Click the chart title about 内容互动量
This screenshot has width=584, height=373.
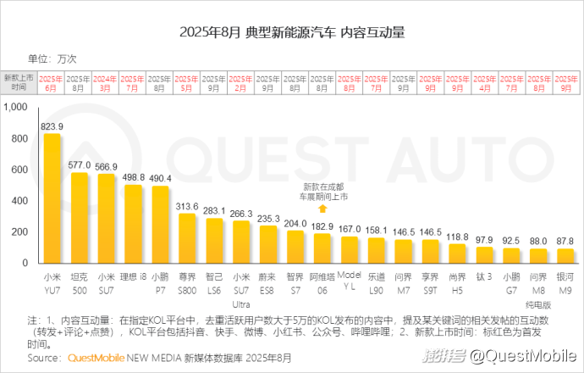click(x=292, y=33)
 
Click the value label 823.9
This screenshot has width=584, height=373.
click(x=52, y=125)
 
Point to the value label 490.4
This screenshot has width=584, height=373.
click(x=160, y=178)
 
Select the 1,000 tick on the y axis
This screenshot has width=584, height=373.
click(x=16, y=107)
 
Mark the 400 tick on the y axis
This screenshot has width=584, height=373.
click(x=20, y=201)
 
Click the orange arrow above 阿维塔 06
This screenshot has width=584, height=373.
click(x=322, y=209)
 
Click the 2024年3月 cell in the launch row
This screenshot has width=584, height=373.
click(x=106, y=83)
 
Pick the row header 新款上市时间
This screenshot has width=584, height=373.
click(x=19, y=82)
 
